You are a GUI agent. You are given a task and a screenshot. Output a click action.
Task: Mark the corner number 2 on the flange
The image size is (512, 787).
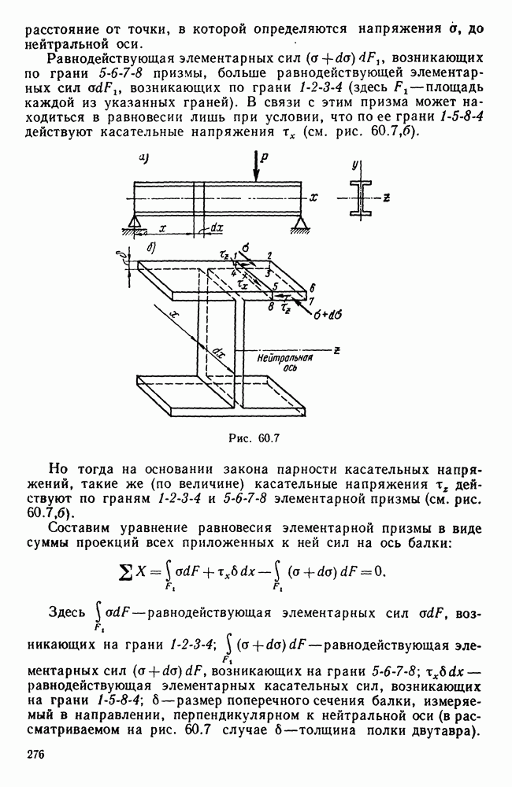click(269, 256)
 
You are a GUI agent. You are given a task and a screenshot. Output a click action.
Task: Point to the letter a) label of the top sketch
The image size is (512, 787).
click(144, 158)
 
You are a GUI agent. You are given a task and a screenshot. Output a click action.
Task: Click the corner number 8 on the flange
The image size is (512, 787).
click(270, 300)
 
